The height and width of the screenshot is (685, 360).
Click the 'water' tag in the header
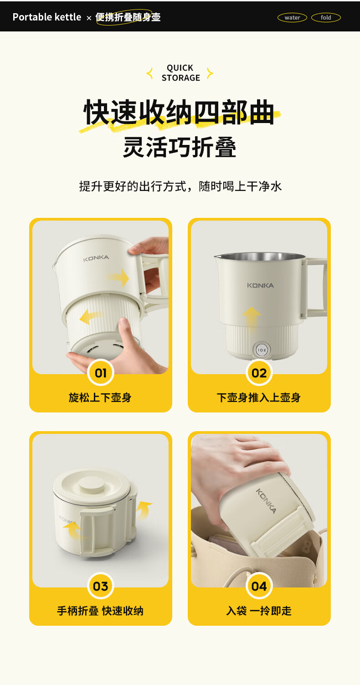point(292,18)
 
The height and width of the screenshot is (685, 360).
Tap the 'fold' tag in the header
point(326,18)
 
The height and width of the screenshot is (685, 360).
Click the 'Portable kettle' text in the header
point(47,17)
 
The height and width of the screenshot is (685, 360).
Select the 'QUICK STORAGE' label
point(180,73)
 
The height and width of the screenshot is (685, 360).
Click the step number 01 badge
point(101,373)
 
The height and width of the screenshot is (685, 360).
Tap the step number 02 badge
point(259,373)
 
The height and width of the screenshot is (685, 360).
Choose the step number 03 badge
point(101,586)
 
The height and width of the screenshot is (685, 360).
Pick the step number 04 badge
point(259,586)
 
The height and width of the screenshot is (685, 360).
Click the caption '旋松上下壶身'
point(100,397)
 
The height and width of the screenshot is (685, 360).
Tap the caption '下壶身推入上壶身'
point(259,397)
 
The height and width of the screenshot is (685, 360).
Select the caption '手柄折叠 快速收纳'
point(100,611)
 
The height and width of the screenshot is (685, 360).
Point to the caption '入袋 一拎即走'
point(259,611)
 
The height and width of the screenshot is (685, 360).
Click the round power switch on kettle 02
point(262,350)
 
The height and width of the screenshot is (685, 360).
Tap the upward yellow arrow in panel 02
point(252,317)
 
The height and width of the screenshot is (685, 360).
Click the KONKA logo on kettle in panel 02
point(260,285)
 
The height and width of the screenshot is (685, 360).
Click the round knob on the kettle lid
point(92,484)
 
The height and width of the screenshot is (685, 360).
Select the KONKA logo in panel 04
point(266,501)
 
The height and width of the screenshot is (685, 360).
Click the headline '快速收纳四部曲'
point(180,112)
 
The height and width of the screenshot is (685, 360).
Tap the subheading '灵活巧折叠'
point(180,147)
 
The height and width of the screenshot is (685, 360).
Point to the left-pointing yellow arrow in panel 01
point(90,316)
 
